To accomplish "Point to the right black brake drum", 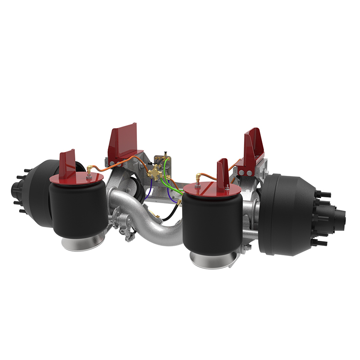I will [x=286, y=213].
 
